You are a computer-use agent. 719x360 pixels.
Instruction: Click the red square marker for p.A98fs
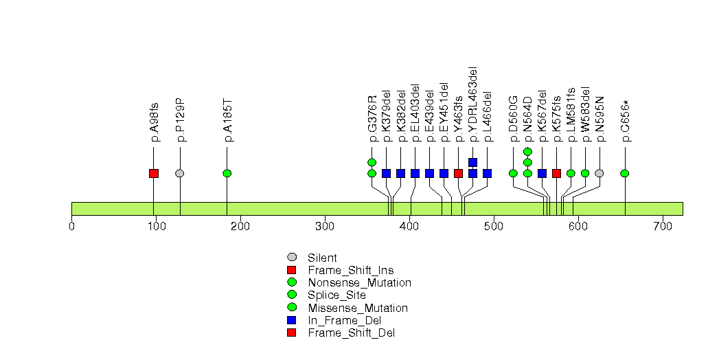pos(154,173)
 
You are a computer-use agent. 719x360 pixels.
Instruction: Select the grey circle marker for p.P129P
pos(180,173)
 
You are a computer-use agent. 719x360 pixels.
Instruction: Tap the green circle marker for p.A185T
pos(227,173)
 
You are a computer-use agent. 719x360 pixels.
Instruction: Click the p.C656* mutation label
pos(626,121)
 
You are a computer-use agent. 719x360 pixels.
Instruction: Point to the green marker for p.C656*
pos(625,173)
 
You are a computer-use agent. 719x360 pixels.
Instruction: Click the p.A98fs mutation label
pos(155,122)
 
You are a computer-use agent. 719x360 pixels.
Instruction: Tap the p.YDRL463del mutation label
pos(473,104)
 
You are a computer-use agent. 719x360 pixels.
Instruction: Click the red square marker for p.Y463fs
pos(458,173)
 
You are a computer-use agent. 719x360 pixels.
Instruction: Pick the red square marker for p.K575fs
pos(556,173)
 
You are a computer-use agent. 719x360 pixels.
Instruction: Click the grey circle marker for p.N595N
pos(600,173)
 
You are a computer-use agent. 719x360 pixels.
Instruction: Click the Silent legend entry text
pos(322,258)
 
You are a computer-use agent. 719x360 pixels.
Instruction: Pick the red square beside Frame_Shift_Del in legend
pos(292,333)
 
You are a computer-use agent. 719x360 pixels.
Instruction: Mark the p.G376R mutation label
pos(372,119)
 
